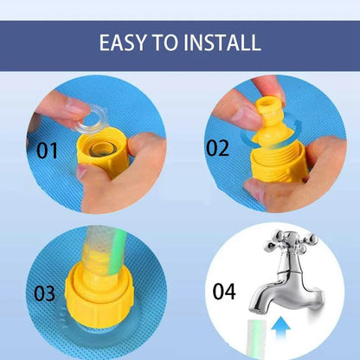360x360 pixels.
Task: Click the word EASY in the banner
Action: pyautogui.click(x=122, y=42)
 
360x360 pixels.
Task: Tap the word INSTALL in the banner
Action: pyautogui.click(x=222, y=42)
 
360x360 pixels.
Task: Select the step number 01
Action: pyautogui.click(x=47, y=151)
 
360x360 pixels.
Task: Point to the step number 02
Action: pyautogui.click(x=217, y=148)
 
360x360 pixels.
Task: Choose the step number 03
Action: pyautogui.click(x=44, y=293)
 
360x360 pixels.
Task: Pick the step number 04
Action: pyautogui.click(x=224, y=291)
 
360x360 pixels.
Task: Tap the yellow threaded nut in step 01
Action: pyautogui.click(x=103, y=152)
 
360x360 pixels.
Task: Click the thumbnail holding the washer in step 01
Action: pyautogui.click(x=75, y=107)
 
